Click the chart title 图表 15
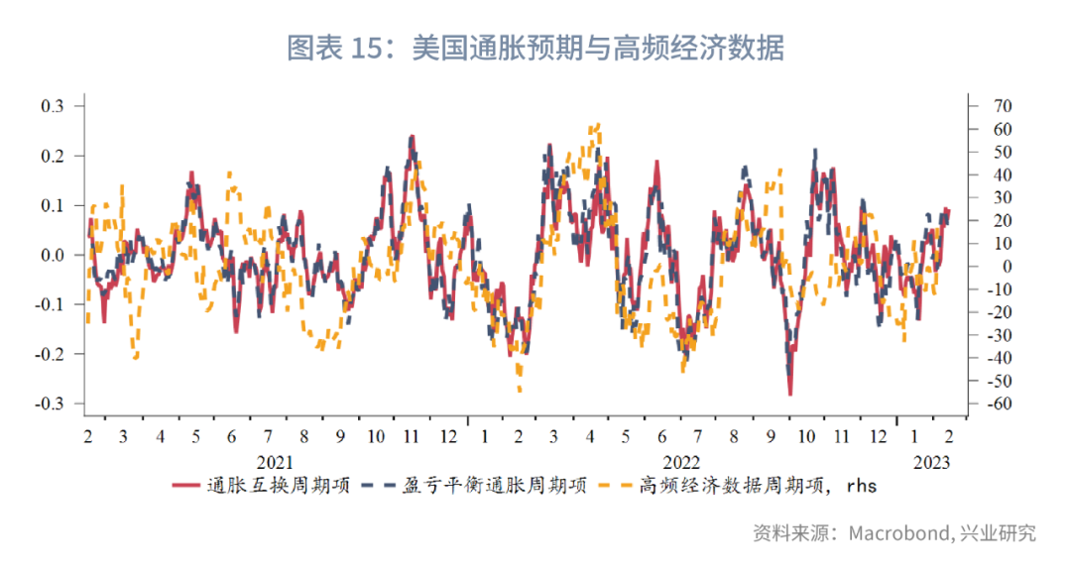535,48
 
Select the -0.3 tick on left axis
50,403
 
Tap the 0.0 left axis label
52,255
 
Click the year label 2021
275,462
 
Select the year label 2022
681,462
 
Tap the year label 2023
931,462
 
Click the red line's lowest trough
790,395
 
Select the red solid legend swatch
186,486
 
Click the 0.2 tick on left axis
52,156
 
